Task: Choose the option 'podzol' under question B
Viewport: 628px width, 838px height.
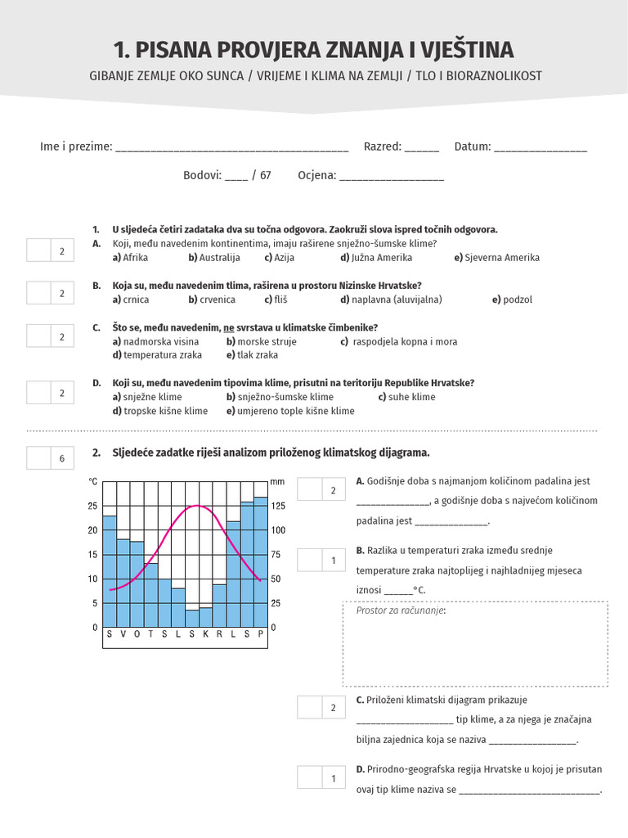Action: pos(517,300)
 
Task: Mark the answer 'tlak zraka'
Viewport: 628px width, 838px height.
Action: pos(258,355)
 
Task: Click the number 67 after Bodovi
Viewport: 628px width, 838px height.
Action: pos(266,175)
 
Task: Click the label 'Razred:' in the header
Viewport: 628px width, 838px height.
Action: pos(383,146)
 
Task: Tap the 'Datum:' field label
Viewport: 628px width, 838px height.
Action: pos(473,146)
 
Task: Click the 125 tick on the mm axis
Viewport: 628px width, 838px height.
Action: pos(278,506)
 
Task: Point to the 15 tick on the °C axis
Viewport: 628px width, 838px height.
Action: pos(92,555)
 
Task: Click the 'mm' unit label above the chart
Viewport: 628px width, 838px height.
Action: pos(277,481)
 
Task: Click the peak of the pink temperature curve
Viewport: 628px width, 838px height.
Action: pos(197,506)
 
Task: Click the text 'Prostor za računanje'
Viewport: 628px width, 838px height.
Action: pos(401,610)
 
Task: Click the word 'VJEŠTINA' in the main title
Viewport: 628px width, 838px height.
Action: pos(467,50)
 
